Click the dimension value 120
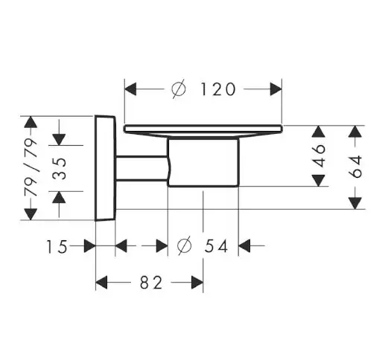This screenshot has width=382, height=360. pos(217,89)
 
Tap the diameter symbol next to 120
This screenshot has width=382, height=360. pos(179,89)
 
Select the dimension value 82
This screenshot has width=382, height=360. pos(151,283)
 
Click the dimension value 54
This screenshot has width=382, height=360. pos(216,245)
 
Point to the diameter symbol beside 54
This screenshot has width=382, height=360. pos(185,245)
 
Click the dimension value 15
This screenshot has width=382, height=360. pos(57,247)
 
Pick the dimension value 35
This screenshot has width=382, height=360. pos(60,169)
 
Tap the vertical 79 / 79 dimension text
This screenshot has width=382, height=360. pos(31,167)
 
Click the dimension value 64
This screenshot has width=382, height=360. pos(357,167)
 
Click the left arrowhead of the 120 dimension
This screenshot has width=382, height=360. pos(130,89)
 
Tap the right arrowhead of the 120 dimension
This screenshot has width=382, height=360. pos(276,89)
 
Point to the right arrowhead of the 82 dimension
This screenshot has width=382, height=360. pos(197,283)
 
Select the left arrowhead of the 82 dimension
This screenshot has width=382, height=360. pos(102,283)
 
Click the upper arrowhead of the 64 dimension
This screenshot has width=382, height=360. pos(355,132)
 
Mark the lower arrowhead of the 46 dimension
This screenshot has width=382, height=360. pos(319,180)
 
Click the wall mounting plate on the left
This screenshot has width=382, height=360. pos(105,168)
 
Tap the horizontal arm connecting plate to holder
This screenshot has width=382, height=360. pos(141,168)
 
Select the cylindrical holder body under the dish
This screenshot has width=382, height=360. pos(203,162)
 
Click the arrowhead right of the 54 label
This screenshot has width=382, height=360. pos(244,245)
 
